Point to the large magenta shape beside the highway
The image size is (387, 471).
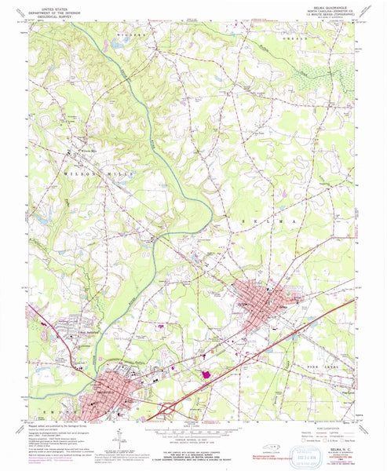(206, 375)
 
